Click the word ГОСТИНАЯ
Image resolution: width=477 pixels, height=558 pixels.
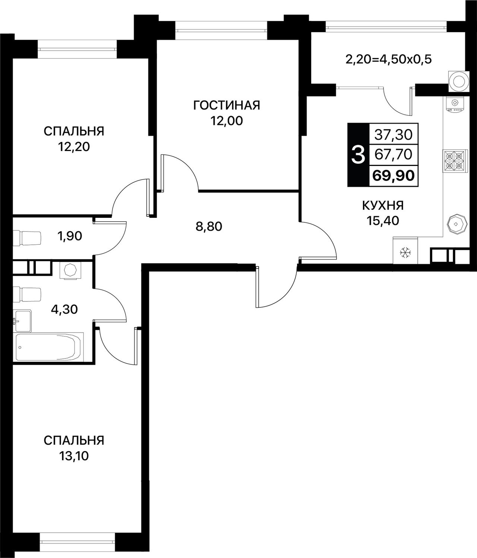click(227, 105)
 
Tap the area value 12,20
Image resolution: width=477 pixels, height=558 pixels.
click(74, 147)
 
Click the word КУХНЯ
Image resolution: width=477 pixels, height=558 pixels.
click(383, 206)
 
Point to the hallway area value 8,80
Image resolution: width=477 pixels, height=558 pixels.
click(209, 226)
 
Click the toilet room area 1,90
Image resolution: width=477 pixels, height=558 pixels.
click(70, 236)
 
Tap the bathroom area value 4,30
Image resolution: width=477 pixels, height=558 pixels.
click(64, 309)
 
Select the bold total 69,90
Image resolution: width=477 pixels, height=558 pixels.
click(394, 176)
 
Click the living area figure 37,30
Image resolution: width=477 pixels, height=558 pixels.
click(394, 135)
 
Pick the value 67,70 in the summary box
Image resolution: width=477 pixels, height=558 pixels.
click(394, 155)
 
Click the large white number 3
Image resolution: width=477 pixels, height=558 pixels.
click(358, 155)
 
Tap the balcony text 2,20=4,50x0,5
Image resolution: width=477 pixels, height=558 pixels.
click(389, 60)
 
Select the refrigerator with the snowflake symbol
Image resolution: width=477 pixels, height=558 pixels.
click(405, 250)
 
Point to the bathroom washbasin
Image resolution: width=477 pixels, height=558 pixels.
click(23, 321)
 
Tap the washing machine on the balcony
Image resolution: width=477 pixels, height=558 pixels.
click(459, 81)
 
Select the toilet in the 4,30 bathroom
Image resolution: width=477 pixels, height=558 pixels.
click(27, 295)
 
